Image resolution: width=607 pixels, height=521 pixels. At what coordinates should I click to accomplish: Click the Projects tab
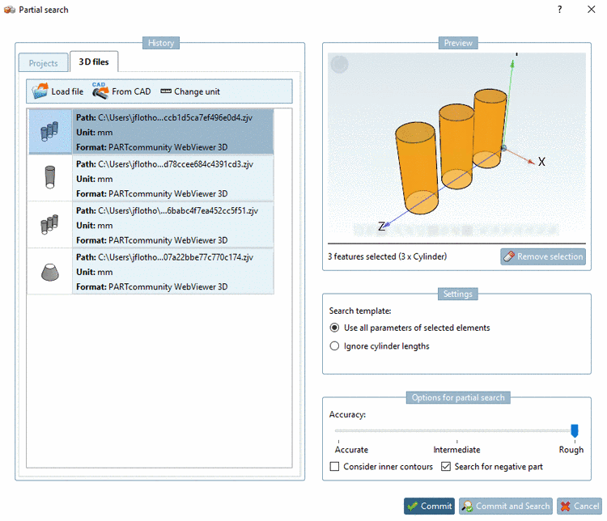44,63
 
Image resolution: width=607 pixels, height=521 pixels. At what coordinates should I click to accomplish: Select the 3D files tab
94,62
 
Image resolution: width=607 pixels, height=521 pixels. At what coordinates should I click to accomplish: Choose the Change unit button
190,91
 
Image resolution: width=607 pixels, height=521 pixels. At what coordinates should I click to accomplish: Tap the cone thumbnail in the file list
49,272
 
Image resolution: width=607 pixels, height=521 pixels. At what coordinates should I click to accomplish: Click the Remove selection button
542,256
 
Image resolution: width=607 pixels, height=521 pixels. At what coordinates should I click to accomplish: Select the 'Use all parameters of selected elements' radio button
335,328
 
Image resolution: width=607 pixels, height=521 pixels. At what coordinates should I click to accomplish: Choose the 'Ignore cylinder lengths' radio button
335,346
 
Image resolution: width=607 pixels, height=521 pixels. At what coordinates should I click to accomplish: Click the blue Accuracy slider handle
575,431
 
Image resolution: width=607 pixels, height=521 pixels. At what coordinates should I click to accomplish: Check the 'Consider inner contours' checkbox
335,467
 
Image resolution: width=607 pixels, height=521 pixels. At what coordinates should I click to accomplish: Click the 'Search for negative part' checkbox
446,467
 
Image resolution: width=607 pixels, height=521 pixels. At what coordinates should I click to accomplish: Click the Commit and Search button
506,506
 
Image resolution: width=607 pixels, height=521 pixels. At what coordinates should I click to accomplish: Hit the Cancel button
579,506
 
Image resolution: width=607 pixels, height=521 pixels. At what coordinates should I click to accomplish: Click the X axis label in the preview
541,162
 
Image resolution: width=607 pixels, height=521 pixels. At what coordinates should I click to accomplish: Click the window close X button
591,10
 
